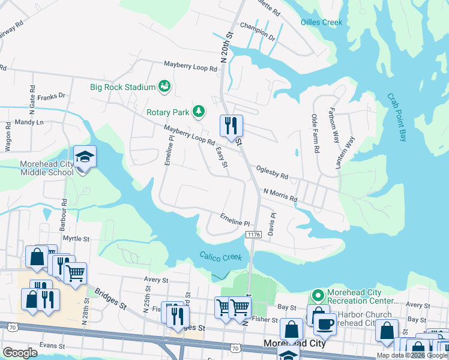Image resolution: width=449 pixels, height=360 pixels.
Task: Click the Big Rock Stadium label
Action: tap(122, 87)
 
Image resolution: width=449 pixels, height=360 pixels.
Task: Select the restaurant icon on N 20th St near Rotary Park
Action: tap(231, 126)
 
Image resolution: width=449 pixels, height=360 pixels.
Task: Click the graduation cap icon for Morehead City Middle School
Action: tap(85, 157)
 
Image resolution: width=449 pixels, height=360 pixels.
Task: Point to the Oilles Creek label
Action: tap(321, 23)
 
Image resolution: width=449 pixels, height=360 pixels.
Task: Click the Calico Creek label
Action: tap(221, 257)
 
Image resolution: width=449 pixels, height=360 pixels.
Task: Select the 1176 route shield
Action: tap(253, 235)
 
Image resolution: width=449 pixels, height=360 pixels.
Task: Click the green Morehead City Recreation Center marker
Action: tap(318, 295)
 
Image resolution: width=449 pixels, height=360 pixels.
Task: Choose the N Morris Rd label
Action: tap(280, 194)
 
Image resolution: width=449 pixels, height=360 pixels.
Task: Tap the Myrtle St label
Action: tap(76, 238)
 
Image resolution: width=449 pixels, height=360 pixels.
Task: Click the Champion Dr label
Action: tap(257, 37)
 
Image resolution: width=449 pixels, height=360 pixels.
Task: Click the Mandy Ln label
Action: tap(30, 122)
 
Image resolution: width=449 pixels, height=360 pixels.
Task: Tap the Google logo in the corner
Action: tap(20, 353)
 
